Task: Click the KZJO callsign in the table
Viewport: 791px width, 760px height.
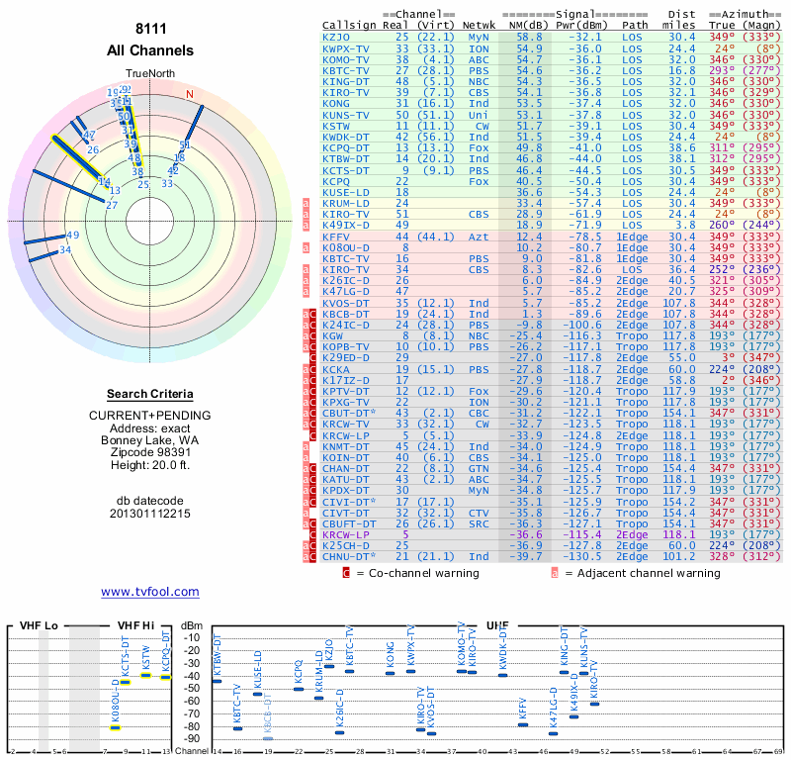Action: click(336, 37)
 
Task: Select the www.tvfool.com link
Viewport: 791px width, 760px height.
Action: click(149, 592)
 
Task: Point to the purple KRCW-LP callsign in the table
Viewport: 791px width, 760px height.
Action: click(345, 534)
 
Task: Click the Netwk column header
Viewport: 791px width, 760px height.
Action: click(480, 25)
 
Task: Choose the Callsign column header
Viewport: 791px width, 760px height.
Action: click(350, 25)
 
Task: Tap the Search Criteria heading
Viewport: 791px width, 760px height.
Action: click(150, 394)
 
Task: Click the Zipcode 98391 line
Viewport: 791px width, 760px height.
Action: click(150, 450)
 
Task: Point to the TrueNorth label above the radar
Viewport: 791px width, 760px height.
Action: click(149, 73)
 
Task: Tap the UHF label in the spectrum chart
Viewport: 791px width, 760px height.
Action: click(497, 626)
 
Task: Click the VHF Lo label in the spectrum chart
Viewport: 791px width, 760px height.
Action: click(40, 626)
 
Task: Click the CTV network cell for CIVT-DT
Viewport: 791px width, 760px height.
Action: click(479, 514)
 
